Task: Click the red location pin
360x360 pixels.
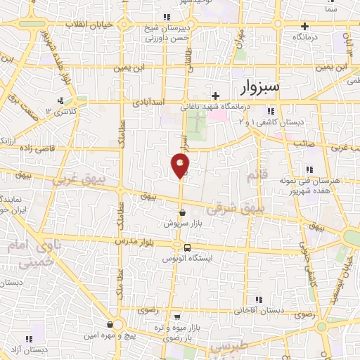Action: pos(181,165)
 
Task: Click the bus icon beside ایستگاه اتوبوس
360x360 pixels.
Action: pos(187,247)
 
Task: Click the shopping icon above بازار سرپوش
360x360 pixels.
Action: pos(183,212)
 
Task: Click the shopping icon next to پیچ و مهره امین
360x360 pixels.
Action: pos(110,325)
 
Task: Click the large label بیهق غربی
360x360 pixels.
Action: pos(84,181)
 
